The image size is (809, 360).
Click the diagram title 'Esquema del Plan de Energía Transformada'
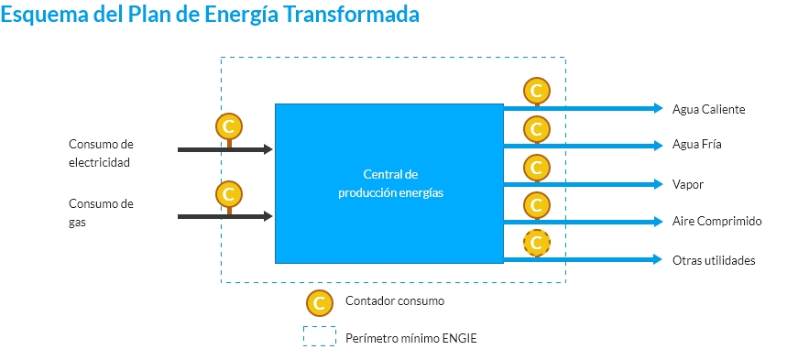212,16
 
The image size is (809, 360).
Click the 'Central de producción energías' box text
390,183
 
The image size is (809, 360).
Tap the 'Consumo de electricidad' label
101,153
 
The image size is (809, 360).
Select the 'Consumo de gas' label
101,213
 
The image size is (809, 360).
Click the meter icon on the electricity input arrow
228,126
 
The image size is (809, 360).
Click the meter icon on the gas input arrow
228,194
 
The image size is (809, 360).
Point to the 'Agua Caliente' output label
708,109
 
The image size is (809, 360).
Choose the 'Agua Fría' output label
697,146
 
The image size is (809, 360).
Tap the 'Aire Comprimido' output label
716,222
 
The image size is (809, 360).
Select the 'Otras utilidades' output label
713,260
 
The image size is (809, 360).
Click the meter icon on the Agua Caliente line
536,91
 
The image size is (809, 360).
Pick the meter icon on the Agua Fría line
536,128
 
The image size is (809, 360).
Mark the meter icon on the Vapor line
536,167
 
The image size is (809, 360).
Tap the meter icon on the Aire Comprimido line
536,204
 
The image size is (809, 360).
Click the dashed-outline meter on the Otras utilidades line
536,243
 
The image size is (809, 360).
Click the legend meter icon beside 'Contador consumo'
319,301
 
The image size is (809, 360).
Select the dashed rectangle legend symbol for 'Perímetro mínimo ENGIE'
319,337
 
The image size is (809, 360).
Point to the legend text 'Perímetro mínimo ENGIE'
410,338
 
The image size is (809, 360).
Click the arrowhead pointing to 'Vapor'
657,183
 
